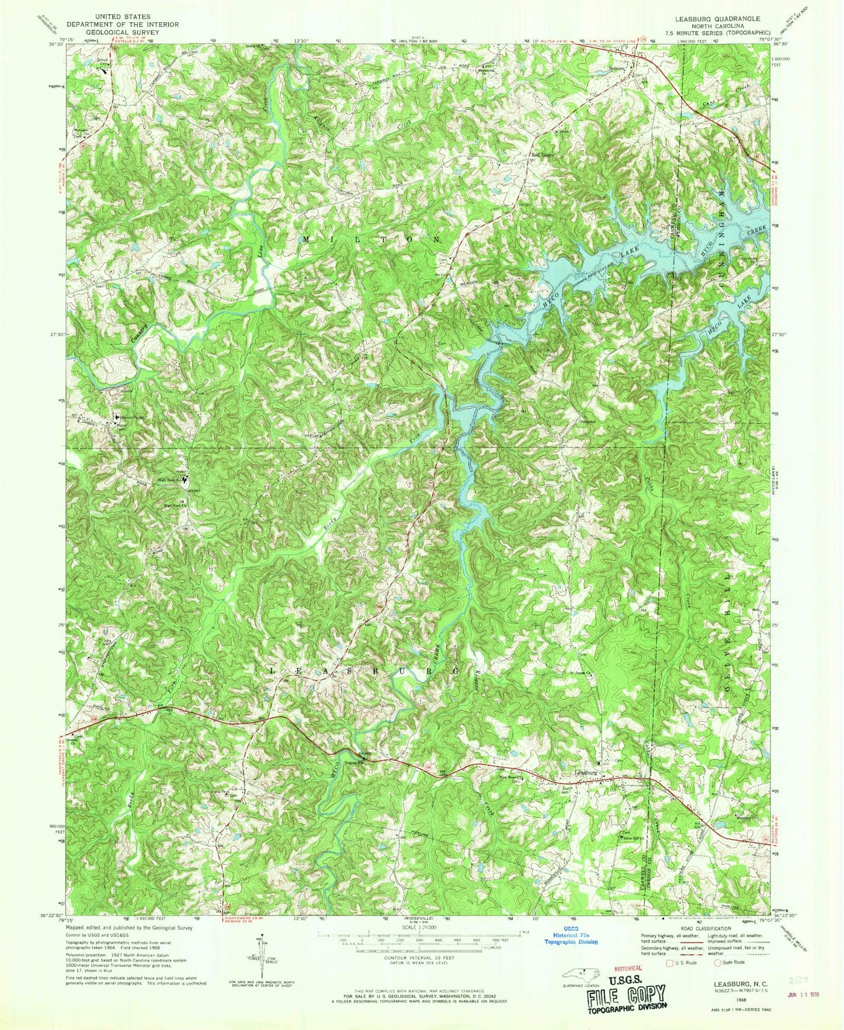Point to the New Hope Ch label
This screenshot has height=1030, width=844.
(507, 777)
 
